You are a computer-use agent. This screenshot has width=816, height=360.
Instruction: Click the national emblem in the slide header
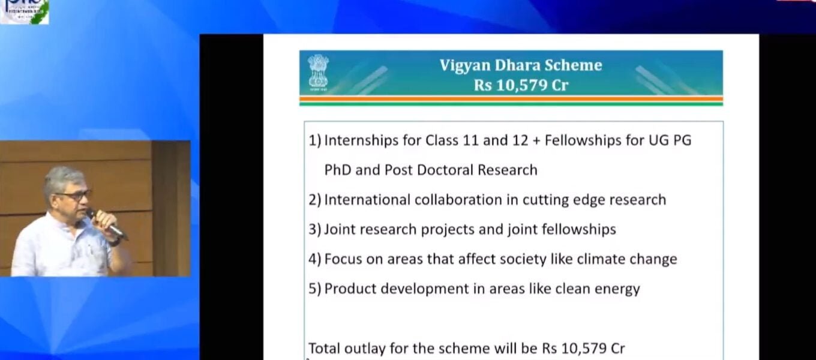[318, 72]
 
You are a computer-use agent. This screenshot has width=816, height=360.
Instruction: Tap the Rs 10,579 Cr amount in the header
[521, 85]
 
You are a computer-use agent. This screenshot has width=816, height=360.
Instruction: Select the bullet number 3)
[315, 229]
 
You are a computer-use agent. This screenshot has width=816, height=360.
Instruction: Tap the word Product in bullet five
[347, 289]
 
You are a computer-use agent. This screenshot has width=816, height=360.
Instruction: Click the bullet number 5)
[315, 289]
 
